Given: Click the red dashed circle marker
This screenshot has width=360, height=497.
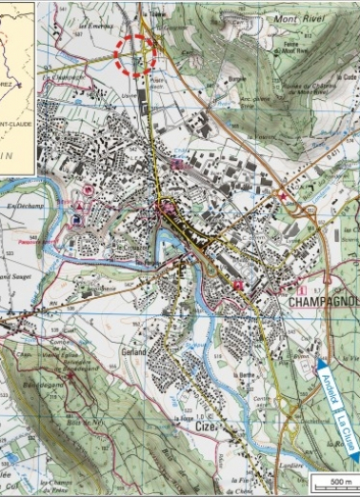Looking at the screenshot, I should (x=134, y=55).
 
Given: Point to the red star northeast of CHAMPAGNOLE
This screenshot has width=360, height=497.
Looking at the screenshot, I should (x=283, y=197).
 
